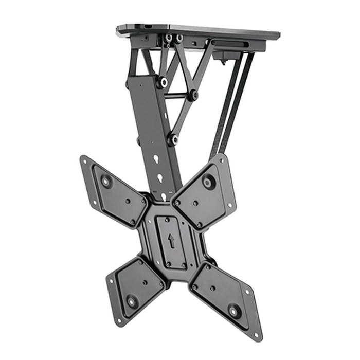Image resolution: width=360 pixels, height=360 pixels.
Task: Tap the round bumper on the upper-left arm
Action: pyautogui.click(x=106, y=181)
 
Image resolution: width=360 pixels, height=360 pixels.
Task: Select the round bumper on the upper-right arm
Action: pyautogui.click(x=209, y=182)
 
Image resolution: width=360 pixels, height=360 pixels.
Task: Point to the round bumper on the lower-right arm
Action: pyautogui.click(x=235, y=311)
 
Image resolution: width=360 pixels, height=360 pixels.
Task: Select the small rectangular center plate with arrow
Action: pyautogui.click(x=171, y=242)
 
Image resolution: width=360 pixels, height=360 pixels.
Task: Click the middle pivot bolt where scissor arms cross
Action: pyautogui.click(x=193, y=95)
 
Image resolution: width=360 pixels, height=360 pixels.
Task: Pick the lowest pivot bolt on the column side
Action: pyautogui.click(x=173, y=139)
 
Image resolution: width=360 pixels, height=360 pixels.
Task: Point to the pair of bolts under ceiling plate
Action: pyautogui.click(x=173, y=39)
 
